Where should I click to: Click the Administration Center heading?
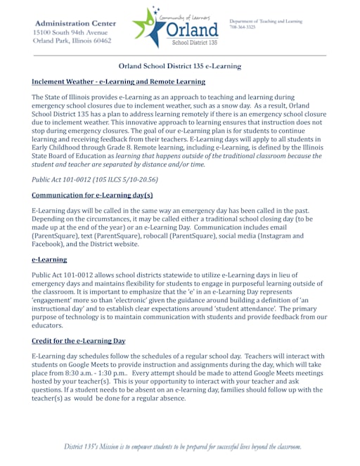coord(74,23)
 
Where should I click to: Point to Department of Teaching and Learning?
coord(265,21)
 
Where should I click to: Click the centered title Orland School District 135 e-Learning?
coord(179,66)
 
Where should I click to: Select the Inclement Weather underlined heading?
coord(118,82)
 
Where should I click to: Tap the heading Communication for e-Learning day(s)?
coord(92,195)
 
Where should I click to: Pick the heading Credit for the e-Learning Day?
coord(79,341)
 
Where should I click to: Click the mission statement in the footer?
coord(183,446)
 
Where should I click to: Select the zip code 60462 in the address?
coord(98,41)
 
